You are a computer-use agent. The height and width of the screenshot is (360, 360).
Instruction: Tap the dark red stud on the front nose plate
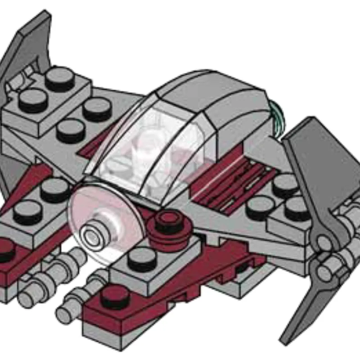pyautogui.click(x=115, y=297)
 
